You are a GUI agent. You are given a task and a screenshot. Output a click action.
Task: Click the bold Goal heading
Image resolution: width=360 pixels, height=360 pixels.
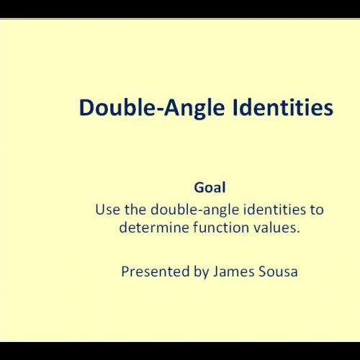[x=210, y=188]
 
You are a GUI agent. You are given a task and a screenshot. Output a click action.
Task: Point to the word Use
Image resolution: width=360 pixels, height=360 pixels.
[x=107, y=210]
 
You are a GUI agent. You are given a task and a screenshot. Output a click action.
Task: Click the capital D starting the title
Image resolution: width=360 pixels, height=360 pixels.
[x=86, y=107]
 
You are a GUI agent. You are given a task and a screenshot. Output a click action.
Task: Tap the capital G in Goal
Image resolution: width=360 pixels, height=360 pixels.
[x=199, y=188]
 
